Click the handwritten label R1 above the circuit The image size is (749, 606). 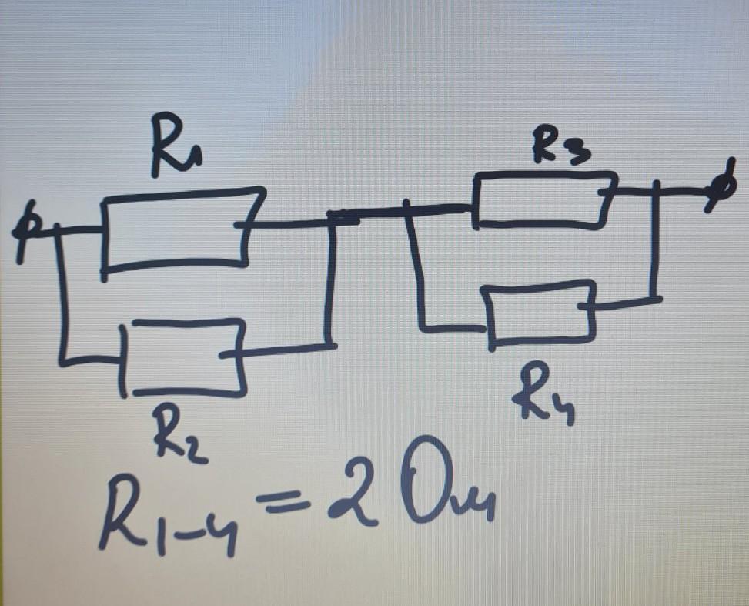pyautogui.click(x=176, y=146)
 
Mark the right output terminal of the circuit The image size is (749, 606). pyautogui.click(x=723, y=187)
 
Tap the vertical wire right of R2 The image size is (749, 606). pyautogui.click(x=329, y=282)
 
